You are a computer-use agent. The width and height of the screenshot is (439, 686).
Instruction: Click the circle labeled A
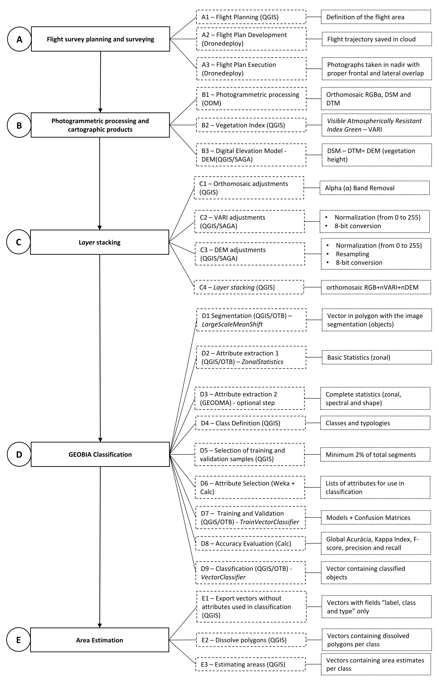19,39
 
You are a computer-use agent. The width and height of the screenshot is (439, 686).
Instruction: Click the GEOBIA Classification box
100,454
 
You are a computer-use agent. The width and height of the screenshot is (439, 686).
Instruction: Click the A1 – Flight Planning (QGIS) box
251,17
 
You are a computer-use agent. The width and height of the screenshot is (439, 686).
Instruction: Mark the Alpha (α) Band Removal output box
375,188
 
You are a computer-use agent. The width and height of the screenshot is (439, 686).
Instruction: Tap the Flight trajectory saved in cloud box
377,39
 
